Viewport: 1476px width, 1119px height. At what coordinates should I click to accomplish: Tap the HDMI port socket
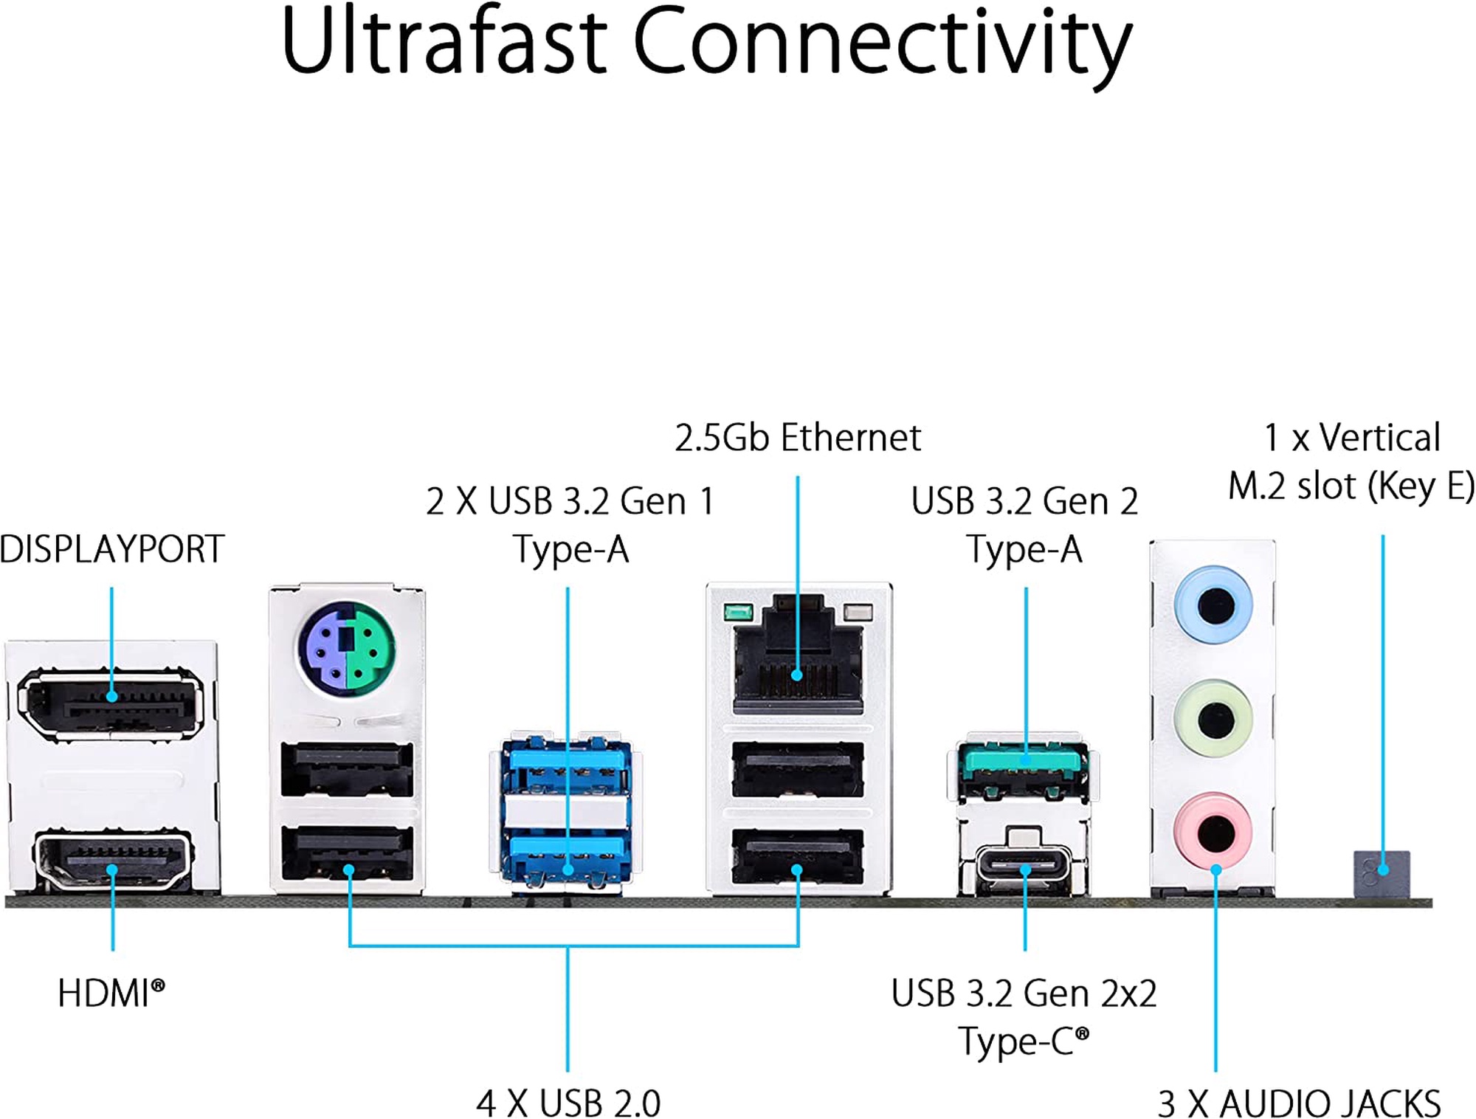click(112, 861)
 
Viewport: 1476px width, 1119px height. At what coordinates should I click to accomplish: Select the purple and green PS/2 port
click(346, 647)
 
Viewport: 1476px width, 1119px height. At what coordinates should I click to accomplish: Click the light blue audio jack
click(1213, 605)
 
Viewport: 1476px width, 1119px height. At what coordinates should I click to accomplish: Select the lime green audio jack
click(1213, 717)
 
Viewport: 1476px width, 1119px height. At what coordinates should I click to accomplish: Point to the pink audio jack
click(1213, 831)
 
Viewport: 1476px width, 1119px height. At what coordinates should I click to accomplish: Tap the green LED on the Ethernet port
click(737, 612)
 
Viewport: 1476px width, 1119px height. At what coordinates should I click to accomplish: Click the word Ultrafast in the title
click(444, 43)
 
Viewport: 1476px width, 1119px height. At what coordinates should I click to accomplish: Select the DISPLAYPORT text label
click(112, 549)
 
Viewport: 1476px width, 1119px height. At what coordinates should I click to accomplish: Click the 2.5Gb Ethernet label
click(798, 438)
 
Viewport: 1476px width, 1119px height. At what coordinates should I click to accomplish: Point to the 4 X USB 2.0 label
click(568, 1103)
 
